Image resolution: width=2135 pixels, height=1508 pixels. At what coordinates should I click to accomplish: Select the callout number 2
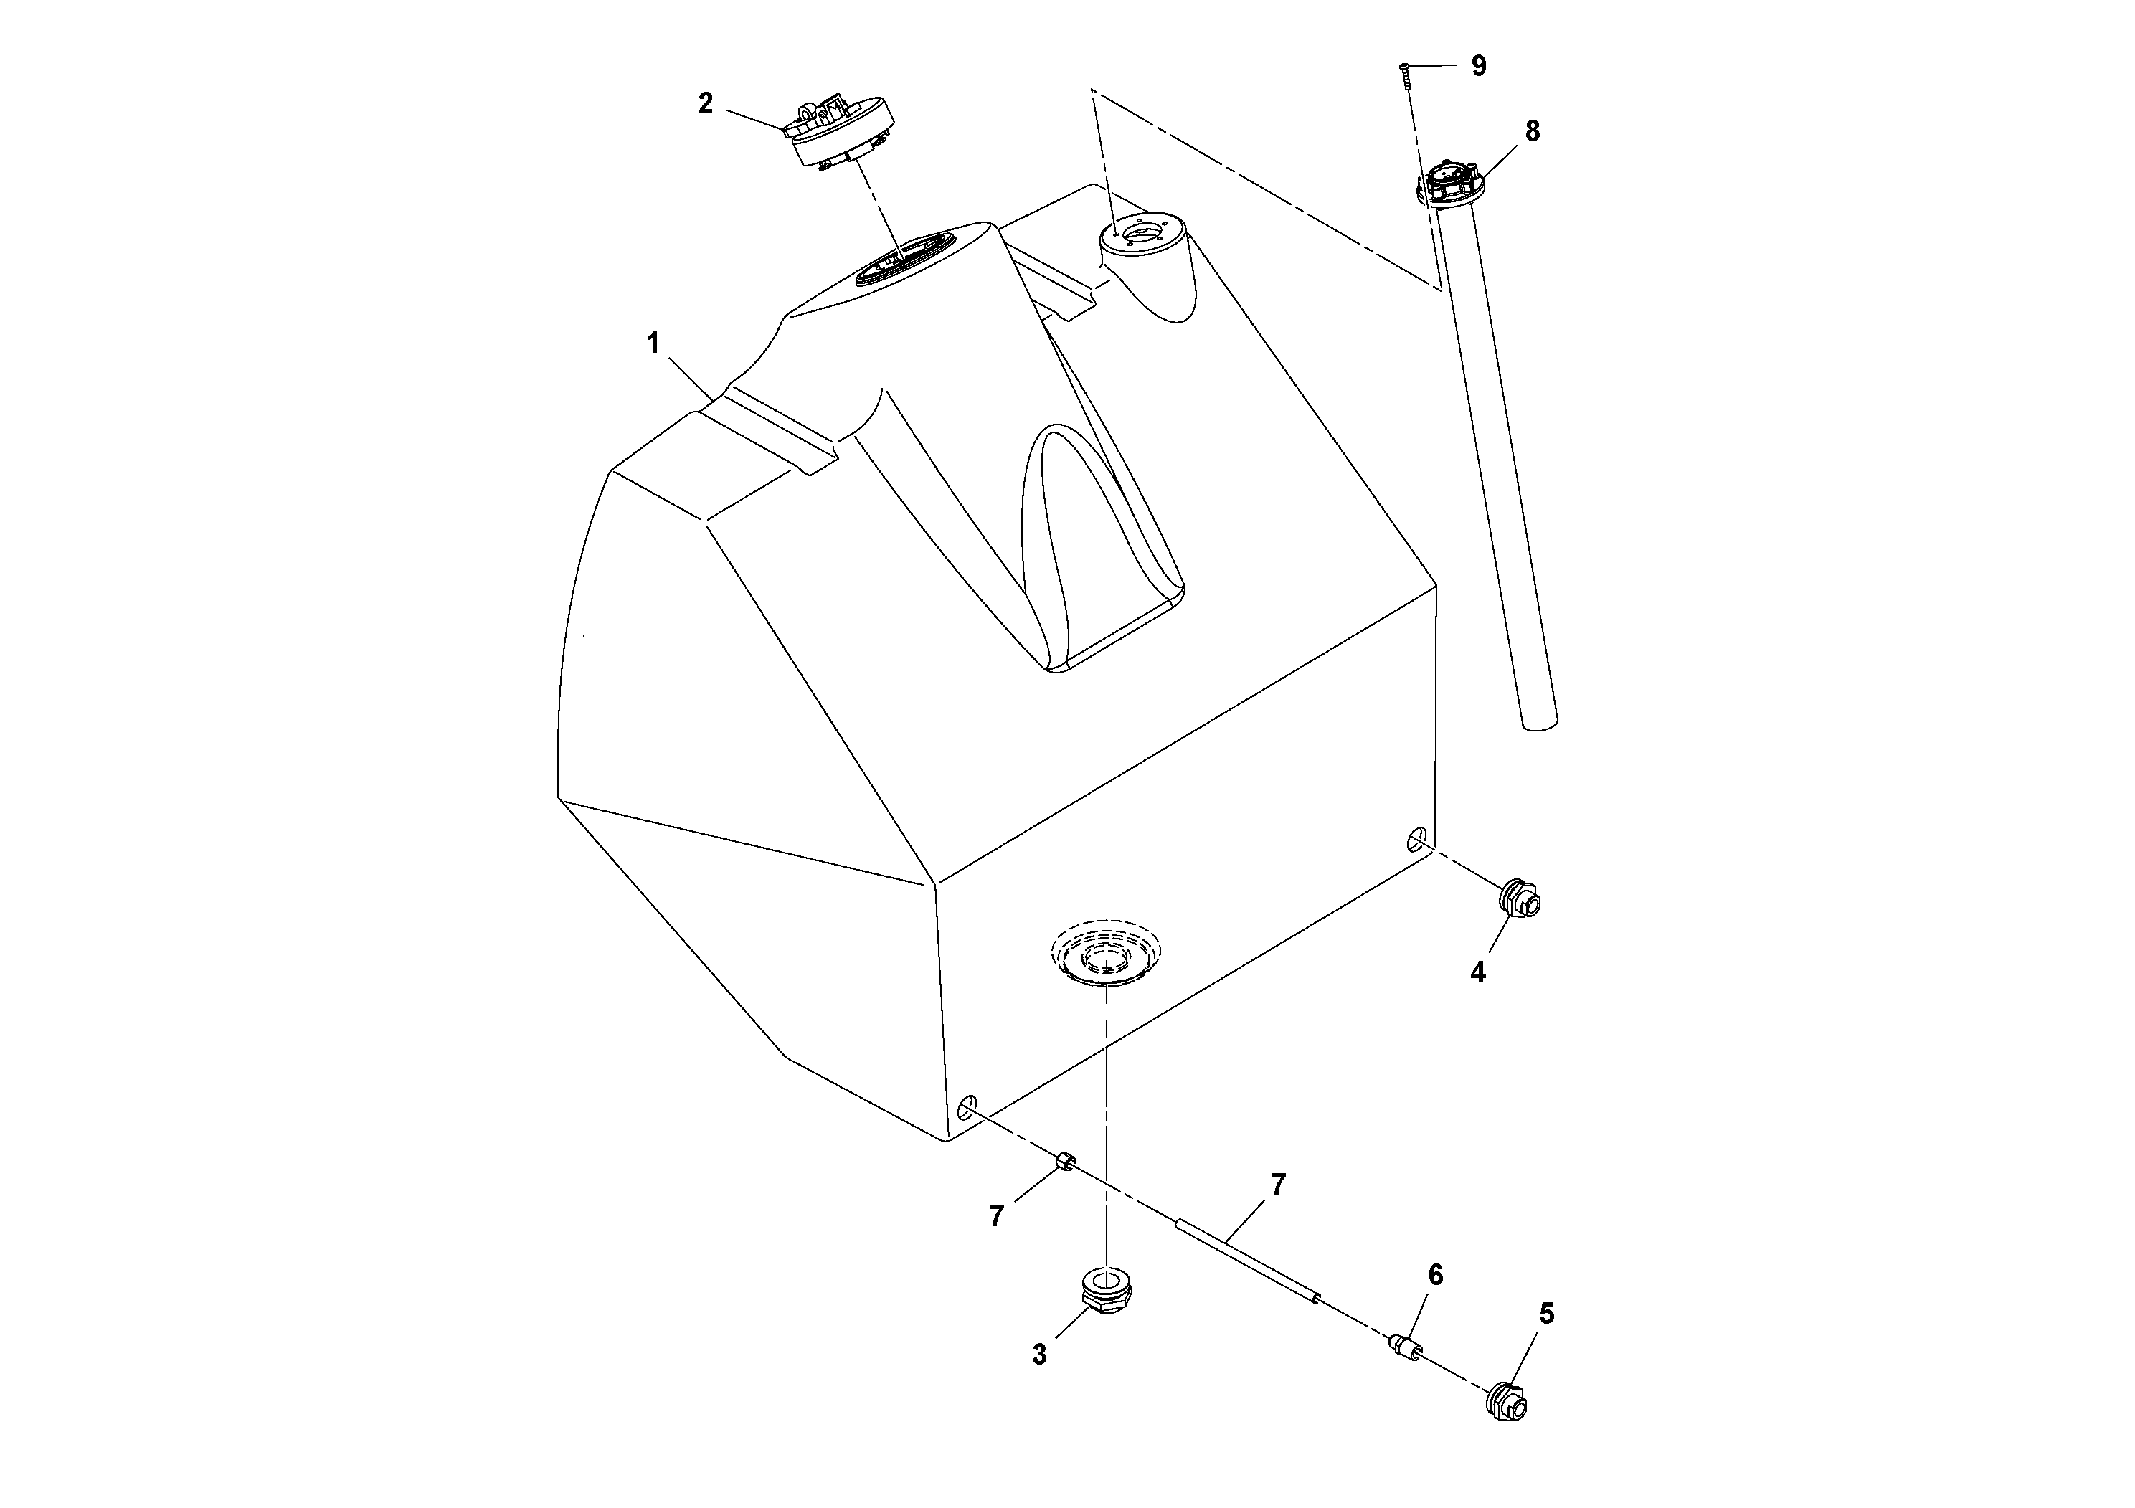706,104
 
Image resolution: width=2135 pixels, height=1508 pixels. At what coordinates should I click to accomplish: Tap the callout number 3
1040,1355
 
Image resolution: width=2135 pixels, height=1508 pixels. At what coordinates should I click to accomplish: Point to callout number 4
1477,972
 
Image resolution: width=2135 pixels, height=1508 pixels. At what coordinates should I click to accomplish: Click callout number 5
1546,1314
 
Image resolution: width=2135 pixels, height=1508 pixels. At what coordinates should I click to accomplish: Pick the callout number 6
1436,1275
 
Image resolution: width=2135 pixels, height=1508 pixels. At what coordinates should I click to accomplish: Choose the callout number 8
1533,132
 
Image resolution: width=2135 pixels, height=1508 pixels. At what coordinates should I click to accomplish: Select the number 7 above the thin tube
1278,1185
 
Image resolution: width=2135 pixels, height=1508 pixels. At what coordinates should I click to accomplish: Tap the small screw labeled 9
1406,75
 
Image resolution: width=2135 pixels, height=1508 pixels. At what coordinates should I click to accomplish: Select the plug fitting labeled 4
1521,897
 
